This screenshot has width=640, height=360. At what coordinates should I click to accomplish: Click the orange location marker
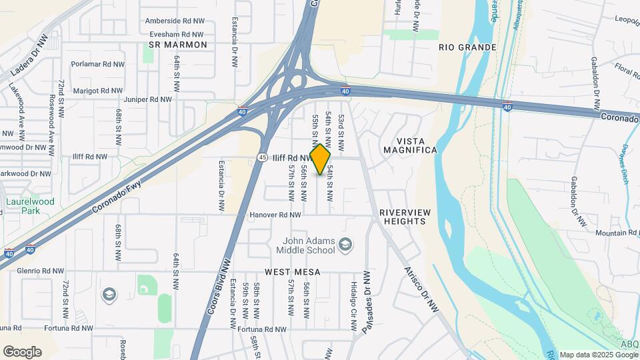[x=320, y=159]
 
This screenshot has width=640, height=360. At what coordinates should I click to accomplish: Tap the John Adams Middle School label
[x=303, y=245]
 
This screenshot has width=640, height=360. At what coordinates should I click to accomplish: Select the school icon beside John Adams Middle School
[x=345, y=245]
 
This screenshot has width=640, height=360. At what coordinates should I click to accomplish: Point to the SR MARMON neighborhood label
[x=178, y=45]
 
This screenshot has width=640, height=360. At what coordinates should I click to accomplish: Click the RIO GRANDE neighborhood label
[x=467, y=47]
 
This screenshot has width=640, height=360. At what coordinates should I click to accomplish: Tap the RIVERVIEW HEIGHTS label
[x=402, y=217]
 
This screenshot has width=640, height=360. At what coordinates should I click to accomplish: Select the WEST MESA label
[x=292, y=272]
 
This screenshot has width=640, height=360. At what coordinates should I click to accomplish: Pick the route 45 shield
[x=262, y=157]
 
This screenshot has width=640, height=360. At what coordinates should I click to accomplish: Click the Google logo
[x=22, y=351]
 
